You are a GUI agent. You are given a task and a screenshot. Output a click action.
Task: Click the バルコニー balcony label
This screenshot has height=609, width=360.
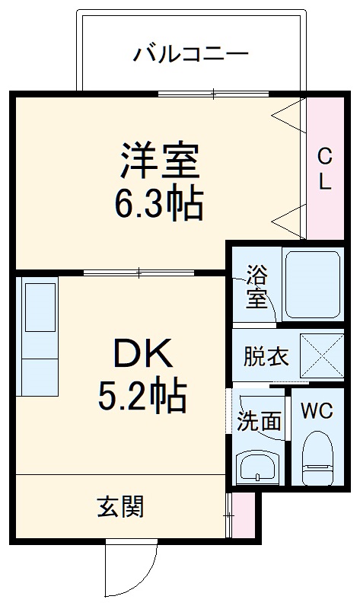(191, 54)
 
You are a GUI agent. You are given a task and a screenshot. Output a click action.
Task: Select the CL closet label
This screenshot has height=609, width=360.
(324, 169)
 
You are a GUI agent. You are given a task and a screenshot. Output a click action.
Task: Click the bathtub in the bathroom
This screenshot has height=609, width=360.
(311, 283)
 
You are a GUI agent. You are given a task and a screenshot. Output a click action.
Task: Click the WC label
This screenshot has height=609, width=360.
(317, 411)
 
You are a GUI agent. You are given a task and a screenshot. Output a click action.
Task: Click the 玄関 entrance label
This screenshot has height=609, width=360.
(120, 506)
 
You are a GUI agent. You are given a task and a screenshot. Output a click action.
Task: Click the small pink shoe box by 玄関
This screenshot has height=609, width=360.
(244, 515)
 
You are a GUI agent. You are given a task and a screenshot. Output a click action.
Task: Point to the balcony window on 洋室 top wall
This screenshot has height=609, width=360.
(214, 94)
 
